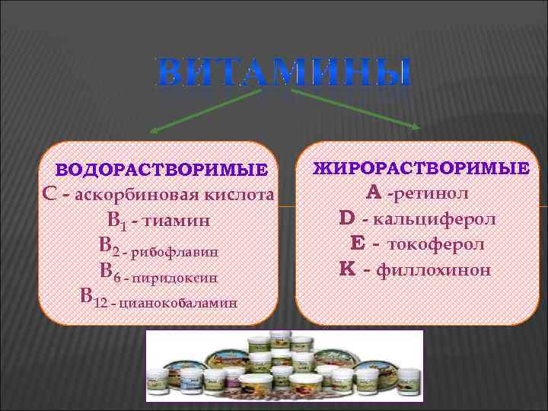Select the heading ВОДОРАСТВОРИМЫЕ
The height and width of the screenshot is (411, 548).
pyautogui.click(x=163, y=168)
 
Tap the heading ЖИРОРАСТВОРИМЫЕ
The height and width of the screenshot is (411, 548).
pyautogui.click(x=421, y=167)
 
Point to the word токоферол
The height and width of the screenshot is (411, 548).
pyautogui.click(x=436, y=244)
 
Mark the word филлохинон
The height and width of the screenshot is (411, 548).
pyautogui.click(x=436, y=269)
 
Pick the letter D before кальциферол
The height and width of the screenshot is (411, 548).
pyautogui.click(x=347, y=218)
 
